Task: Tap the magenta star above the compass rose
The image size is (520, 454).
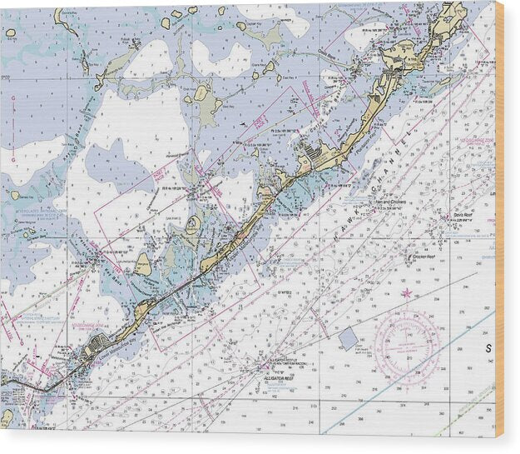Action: pyautogui.click(x=406, y=293)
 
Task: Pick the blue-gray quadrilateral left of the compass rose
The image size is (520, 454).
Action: pyautogui.click(x=349, y=337)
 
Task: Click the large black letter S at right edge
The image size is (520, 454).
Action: pyautogui.click(x=488, y=347)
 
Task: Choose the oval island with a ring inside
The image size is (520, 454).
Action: pyautogui.click(x=193, y=224)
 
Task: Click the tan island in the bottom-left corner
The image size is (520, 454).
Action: pyautogui.click(x=6, y=416)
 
